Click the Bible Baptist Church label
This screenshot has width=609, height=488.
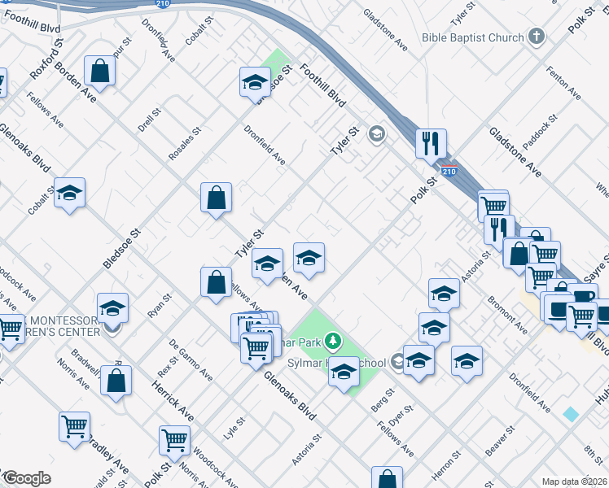click(x=472, y=37)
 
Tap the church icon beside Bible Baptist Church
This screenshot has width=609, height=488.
click(x=536, y=37)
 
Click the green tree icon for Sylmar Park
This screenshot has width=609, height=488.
click(x=332, y=340)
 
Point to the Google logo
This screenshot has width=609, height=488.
click(x=27, y=478)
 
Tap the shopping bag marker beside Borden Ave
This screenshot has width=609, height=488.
click(x=99, y=72)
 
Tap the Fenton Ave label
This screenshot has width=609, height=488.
click(x=564, y=82)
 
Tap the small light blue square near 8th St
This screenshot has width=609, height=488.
click(x=571, y=414)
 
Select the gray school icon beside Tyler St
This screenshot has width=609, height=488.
click(x=376, y=134)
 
